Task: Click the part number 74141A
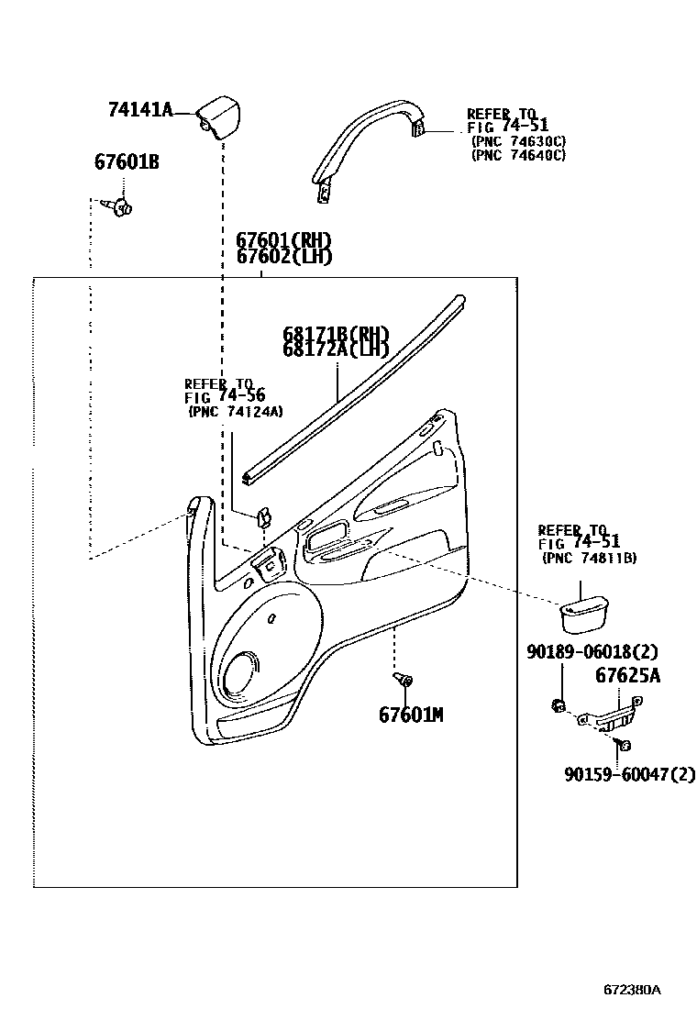140,110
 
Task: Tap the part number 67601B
127,162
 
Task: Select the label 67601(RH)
283,240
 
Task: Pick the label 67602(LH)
283,257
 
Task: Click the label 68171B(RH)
336,333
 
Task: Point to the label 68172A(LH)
336,349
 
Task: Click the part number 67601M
411,714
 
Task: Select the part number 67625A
628,676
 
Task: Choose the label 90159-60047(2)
630,775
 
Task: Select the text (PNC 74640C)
518,155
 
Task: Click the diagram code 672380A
632,990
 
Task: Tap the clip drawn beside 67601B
120,206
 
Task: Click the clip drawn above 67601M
404,680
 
